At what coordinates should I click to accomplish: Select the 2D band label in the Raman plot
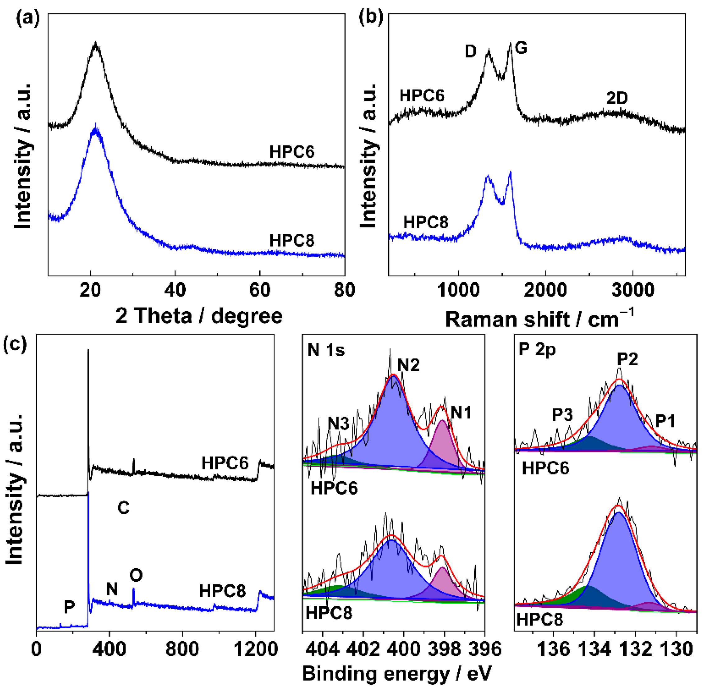pos(617,98)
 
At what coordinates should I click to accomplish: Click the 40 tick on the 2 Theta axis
pos(175,290)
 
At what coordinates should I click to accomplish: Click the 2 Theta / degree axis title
pos(199,316)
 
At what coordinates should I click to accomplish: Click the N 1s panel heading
pos(326,350)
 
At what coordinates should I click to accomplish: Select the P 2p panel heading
pos(537,349)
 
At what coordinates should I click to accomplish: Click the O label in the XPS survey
pos(136,575)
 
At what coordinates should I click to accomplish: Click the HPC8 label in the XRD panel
pos(292,241)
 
